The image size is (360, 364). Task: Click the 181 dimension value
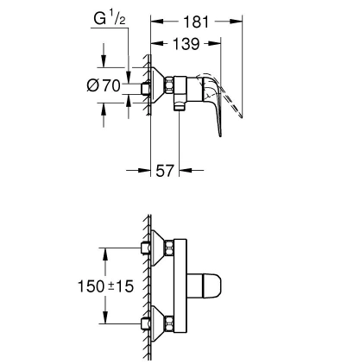[196, 22]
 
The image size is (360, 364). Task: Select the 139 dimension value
[186, 44]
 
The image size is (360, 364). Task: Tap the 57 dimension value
[165, 171]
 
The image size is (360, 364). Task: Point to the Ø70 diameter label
[104, 85]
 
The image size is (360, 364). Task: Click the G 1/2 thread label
[110, 19]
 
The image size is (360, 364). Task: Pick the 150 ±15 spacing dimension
[106, 286]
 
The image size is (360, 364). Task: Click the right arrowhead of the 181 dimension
[236, 21]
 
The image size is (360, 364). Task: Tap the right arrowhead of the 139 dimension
[215, 43]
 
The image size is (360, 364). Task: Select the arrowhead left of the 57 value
[144, 170]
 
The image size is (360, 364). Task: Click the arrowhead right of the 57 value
[186, 170]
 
